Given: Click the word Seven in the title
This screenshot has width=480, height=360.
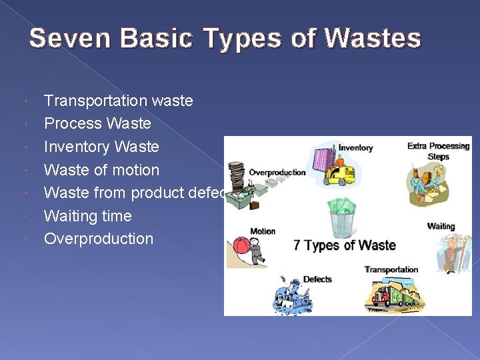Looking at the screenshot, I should coord(61,38).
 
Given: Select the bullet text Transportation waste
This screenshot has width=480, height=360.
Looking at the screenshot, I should coord(118,101).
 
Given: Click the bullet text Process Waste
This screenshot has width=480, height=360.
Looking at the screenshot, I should coord(97,123).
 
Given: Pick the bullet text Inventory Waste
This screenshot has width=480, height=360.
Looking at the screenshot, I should coord(101,147).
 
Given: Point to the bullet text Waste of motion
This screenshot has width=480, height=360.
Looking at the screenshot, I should coord(101,170).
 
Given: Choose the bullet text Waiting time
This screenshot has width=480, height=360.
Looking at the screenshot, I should coord(87,216).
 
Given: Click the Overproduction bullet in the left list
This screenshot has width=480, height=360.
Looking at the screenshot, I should coord(98,239).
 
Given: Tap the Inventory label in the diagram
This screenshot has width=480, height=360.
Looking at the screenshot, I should coord(355,147).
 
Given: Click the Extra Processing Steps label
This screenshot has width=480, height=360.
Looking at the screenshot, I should coord(439,151).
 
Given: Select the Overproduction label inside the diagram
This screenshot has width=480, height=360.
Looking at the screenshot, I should coord(277,173).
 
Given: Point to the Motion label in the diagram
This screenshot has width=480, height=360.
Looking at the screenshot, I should coord(263,231).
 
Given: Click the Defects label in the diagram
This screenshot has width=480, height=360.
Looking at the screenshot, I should coord(317,279).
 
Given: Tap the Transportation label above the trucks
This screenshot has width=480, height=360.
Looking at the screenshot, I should coord(391,270).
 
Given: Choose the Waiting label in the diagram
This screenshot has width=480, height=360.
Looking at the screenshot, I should coord(441,227).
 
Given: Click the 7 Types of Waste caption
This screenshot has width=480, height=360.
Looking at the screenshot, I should coord(345,245).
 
